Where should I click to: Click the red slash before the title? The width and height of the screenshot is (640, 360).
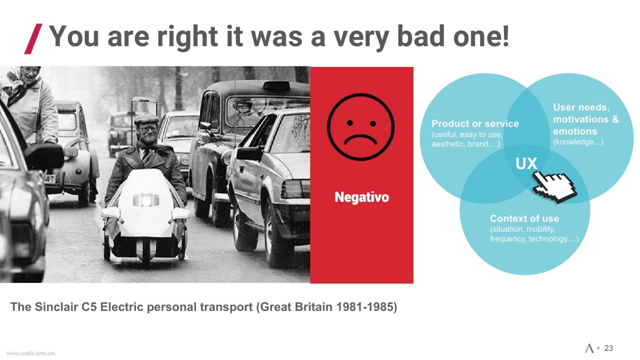click(33, 39)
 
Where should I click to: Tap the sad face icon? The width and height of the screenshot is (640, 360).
click(361, 126)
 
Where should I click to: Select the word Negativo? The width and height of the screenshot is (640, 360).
click(361, 197)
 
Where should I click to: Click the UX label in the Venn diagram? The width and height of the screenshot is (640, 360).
click(526, 163)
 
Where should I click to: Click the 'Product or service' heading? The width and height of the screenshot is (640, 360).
click(475, 123)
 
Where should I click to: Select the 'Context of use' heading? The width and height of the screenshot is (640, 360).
click(524, 218)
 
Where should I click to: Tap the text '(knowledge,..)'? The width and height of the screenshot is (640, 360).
click(578, 142)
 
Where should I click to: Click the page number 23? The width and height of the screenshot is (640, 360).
click(608, 348)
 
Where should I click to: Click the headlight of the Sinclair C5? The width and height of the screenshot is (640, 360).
click(145, 200)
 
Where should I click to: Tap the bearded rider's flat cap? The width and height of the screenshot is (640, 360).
click(146, 118)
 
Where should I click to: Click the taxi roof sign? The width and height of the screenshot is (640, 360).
click(276, 85)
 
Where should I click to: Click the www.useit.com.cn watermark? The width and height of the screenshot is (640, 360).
click(30, 353)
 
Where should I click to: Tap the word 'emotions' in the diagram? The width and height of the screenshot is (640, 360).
click(575, 131)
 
